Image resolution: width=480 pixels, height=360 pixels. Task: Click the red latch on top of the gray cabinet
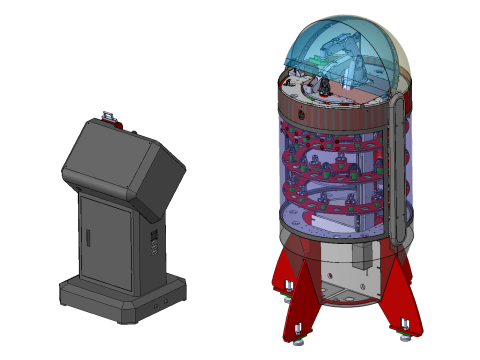(109, 118)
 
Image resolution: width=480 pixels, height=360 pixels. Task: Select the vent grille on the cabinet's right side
(154, 243)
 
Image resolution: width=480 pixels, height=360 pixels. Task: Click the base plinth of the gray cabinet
(120, 300)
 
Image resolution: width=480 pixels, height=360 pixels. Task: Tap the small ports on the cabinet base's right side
(160, 297)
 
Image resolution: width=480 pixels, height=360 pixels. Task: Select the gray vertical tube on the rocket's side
(401, 160)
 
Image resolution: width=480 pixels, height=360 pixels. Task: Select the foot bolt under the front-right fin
(405, 325)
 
